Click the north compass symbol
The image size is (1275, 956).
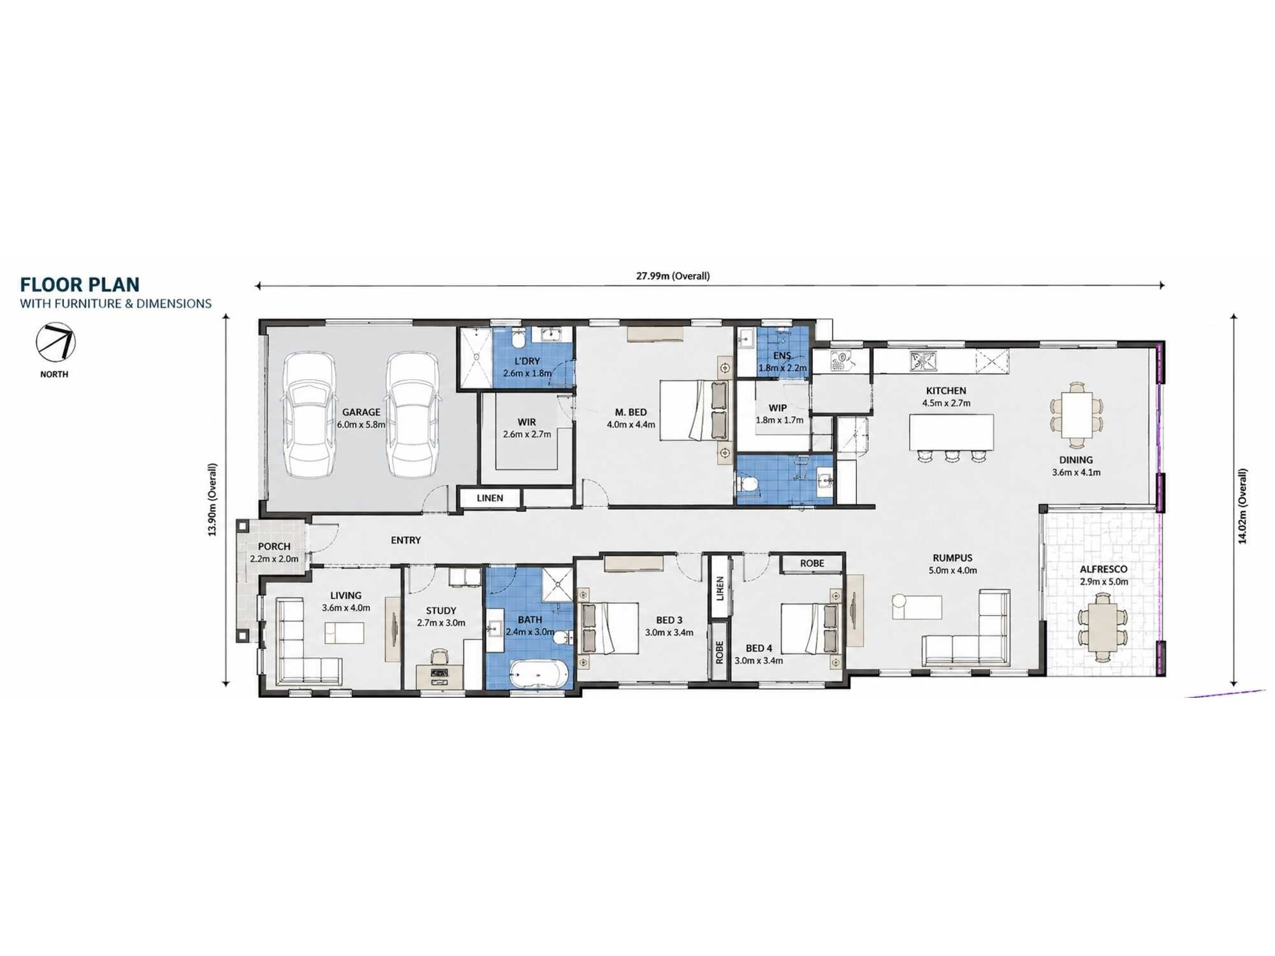click(x=55, y=342)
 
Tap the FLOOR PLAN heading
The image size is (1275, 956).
click(x=80, y=284)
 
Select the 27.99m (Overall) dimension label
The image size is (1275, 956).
click(x=673, y=276)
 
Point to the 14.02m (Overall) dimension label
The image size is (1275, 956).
click(x=1242, y=506)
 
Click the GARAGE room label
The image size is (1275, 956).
click(x=361, y=412)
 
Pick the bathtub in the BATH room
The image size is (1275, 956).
click(x=539, y=674)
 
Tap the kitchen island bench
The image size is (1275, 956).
click(x=951, y=432)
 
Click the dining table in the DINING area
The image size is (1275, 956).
click(x=1077, y=414)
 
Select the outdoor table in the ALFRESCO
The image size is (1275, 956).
click(x=1103, y=626)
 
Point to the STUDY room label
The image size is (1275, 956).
click(x=441, y=611)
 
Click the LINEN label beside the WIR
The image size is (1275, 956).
click(x=490, y=498)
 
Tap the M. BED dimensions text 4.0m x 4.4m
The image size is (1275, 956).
click(x=631, y=424)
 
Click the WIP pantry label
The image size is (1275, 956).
click(x=778, y=408)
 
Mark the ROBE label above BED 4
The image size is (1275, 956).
click(x=812, y=563)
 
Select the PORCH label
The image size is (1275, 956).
click(x=274, y=546)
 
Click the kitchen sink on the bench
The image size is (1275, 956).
click(x=923, y=361)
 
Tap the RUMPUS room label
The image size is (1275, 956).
click(x=952, y=558)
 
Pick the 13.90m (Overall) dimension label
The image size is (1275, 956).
click(x=212, y=500)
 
